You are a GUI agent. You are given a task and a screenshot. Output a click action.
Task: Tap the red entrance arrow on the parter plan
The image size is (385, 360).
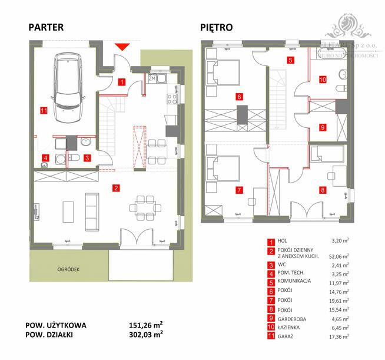123,47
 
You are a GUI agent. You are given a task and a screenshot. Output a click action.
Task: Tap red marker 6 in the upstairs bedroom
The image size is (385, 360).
238,97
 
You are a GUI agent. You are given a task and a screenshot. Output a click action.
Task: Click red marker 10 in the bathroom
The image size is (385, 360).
322,79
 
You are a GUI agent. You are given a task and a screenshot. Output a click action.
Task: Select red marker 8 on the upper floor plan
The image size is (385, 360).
322,190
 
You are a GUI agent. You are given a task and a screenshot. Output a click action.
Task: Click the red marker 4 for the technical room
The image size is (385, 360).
45,158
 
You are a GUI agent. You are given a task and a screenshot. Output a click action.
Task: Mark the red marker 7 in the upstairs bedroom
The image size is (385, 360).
238,190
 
